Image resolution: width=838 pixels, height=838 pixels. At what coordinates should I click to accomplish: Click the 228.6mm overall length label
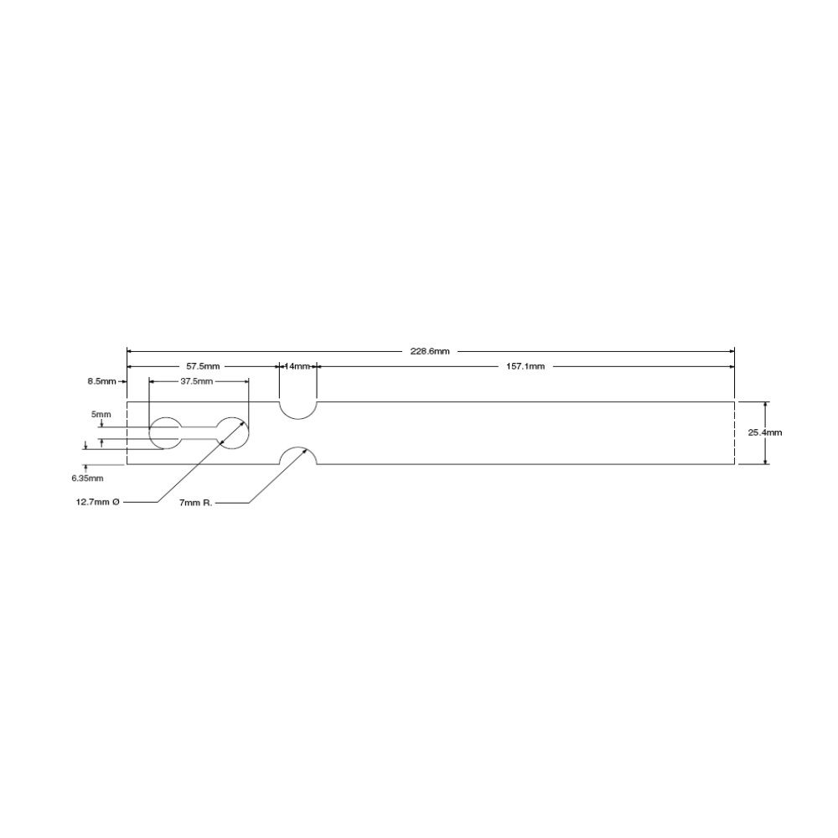click(x=430, y=351)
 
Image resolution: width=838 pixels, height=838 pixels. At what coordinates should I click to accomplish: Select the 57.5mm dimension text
click(x=203, y=366)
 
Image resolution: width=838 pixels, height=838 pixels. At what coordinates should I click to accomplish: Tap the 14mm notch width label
click(x=297, y=366)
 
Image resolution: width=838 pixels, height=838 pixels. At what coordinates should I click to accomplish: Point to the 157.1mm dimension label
click(x=525, y=366)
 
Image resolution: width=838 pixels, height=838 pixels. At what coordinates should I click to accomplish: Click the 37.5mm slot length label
click(x=196, y=381)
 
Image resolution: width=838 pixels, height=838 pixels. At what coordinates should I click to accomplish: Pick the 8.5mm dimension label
click(x=101, y=381)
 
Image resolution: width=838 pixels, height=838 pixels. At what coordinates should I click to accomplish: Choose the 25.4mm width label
click(x=765, y=432)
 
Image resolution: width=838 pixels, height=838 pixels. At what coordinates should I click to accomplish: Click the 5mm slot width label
click(x=101, y=414)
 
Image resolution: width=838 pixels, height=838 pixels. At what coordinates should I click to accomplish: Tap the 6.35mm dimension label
click(x=88, y=478)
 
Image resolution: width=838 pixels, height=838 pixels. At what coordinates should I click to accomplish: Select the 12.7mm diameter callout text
click(x=97, y=502)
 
